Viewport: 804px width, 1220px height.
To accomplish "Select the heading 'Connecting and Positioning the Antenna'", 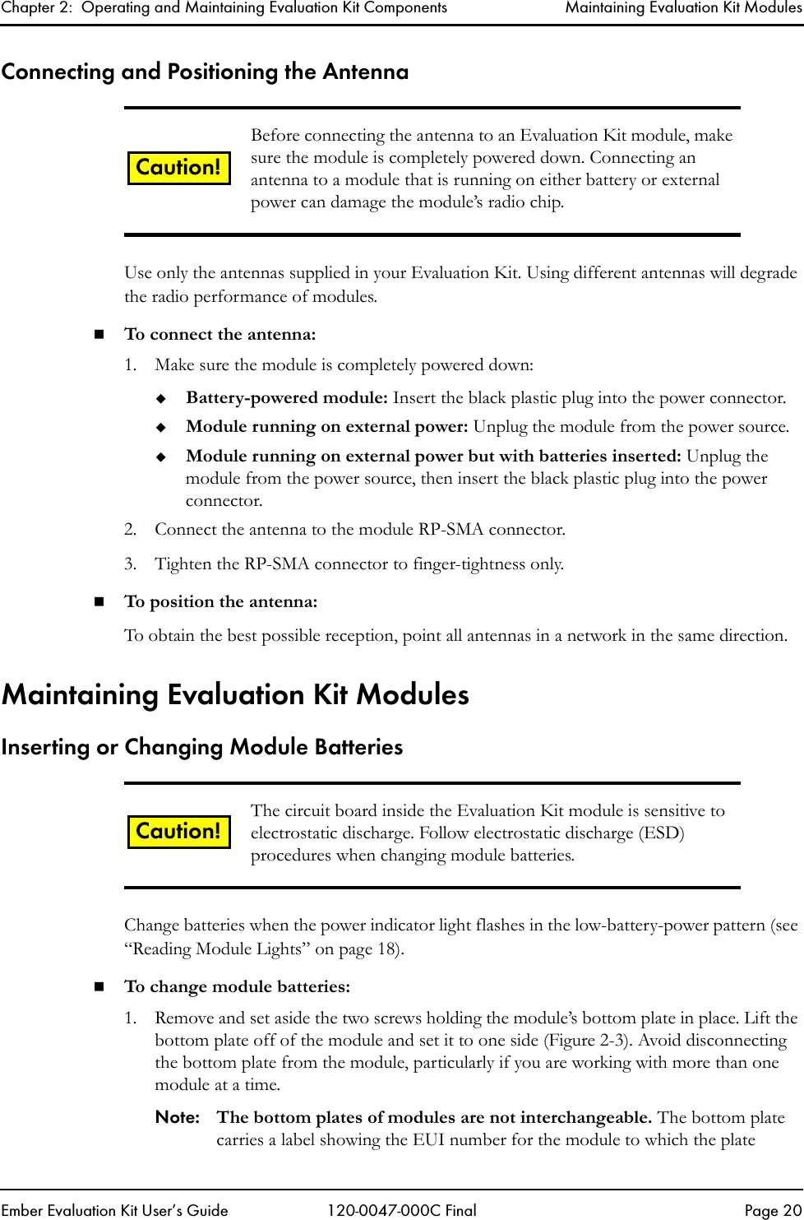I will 205,72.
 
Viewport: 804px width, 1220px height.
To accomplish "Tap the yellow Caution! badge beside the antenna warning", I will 178,168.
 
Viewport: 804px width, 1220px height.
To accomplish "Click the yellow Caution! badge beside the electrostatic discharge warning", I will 178,831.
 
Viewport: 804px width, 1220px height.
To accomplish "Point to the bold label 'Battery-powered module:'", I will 286,398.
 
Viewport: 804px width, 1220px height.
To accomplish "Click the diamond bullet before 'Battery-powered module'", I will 162,399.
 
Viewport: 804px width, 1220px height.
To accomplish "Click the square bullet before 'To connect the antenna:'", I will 99,335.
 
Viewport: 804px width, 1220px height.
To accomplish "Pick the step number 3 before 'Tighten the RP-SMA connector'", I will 130,564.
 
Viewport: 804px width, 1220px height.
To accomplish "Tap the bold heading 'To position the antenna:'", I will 220,602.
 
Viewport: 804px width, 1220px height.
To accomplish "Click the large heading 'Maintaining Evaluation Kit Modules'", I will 235,695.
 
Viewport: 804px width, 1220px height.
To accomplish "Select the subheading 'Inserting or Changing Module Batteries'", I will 202,747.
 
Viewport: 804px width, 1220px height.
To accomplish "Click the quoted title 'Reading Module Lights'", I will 216,949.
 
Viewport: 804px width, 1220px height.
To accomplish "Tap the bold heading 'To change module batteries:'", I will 237,987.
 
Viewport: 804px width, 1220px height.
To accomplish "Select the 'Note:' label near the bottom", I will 178,1118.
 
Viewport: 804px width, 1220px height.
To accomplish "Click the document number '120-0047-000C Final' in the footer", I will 401,1210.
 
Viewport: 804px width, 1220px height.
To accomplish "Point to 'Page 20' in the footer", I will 772,1210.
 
